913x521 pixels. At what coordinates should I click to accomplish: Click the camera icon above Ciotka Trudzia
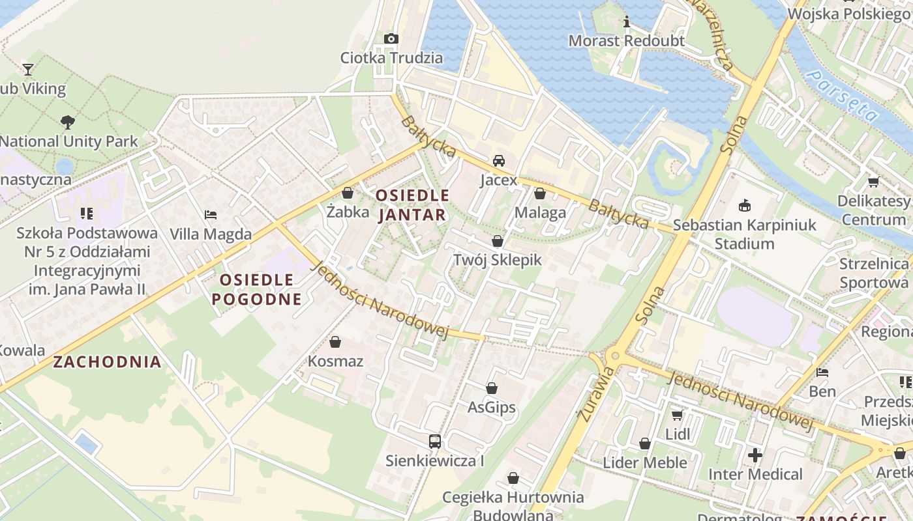(x=391, y=38)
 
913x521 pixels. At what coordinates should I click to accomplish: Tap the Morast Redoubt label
(x=626, y=41)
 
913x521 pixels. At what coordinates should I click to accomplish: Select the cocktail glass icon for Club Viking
(x=27, y=69)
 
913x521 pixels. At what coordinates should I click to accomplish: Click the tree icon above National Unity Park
(x=67, y=122)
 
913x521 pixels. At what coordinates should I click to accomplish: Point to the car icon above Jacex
(x=498, y=161)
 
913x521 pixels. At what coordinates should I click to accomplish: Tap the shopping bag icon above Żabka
(x=347, y=193)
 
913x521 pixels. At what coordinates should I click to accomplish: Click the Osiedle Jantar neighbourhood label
(x=412, y=204)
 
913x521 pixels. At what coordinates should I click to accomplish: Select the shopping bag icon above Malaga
(x=539, y=193)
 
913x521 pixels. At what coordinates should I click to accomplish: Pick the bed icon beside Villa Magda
(x=210, y=214)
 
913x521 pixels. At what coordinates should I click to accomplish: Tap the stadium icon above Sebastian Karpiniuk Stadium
(x=744, y=206)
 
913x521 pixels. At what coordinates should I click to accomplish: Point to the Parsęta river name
(x=842, y=96)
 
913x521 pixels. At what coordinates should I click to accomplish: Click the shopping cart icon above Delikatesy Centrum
(x=873, y=182)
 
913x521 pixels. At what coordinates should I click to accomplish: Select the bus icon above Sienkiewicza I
(x=434, y=441)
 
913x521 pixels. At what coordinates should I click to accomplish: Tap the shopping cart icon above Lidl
(x=677, y=415)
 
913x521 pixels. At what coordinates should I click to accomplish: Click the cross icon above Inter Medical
(x=755, y=455)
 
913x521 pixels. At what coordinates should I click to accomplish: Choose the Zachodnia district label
(x=107, y=362)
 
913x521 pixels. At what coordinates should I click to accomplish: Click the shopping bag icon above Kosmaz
(x=335, y=342)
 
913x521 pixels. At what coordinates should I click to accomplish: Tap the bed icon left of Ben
(x=822, y=373)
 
